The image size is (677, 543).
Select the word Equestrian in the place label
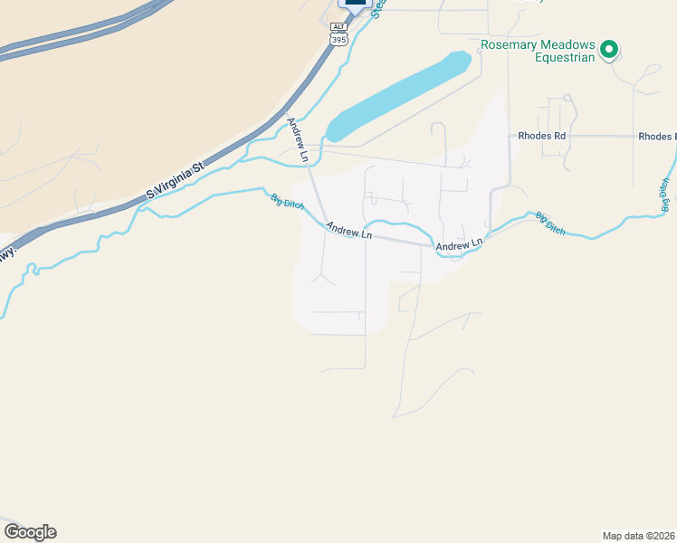(563, 58)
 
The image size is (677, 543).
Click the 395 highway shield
(338, 40)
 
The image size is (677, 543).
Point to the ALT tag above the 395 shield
(338, 28)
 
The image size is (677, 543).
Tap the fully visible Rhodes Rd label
(542, 136)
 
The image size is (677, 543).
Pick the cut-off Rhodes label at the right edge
(657, 137)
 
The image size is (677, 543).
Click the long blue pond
(399, 96)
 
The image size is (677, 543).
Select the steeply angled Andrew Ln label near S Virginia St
(298, 140)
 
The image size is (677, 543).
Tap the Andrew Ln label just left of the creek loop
(349, 233)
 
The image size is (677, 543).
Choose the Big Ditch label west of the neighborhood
(286, 204)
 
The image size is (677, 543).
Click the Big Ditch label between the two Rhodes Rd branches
(550, 224)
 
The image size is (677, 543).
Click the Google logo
(30, 532)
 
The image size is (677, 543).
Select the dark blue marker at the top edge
(356, 5)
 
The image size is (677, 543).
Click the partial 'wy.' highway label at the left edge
(7, 252)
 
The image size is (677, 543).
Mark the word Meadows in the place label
(567, 44)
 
